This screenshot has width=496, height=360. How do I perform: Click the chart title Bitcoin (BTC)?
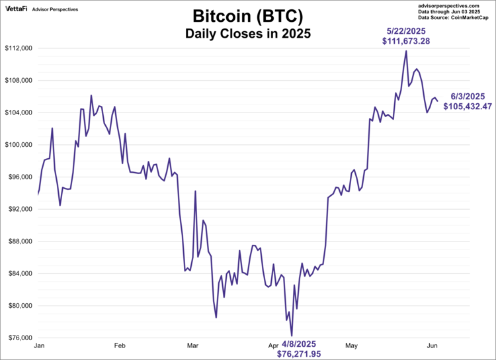[x=248, y=16]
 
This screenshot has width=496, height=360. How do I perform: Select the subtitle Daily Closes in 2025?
[x=248, y=32]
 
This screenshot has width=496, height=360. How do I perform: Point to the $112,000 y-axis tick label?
[x=19, y=48]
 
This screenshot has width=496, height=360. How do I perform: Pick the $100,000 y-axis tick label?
[x=19, y=145]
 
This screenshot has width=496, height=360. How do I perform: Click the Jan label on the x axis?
[x=38, y=345]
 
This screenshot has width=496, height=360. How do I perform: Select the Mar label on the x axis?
[x=192, y=345]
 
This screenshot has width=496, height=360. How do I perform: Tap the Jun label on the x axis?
[x=432, y=345]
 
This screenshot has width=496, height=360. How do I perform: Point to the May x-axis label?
[x=351, y=345]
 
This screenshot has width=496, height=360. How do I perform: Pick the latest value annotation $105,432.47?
[x=468, y=106]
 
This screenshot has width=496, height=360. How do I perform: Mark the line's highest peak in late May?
[x=406, y=51]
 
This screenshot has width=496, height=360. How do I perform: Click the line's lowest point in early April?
[x=292, y=336]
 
